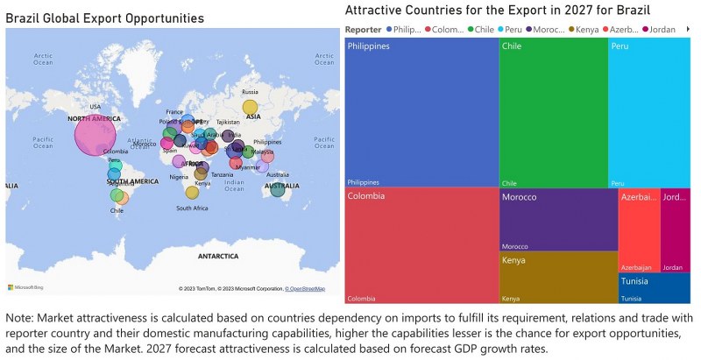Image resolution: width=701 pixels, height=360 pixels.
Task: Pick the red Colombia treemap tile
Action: point(421,245)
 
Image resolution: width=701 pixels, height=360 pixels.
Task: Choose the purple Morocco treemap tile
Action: point(557,220)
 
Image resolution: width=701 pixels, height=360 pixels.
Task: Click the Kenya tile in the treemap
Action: point(557,277)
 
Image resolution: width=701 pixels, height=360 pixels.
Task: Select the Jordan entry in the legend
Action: point(662,30)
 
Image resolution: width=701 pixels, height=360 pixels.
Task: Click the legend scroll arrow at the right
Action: point(688,30)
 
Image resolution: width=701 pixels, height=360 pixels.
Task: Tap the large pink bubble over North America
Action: point(95,136)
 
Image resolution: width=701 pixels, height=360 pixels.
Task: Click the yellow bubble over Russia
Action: point(251,106)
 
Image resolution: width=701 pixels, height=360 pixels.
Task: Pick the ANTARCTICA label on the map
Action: point(217,257)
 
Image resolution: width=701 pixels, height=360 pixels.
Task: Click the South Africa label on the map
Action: point(191,208)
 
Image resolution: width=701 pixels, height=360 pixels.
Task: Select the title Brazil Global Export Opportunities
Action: point(105,18)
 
